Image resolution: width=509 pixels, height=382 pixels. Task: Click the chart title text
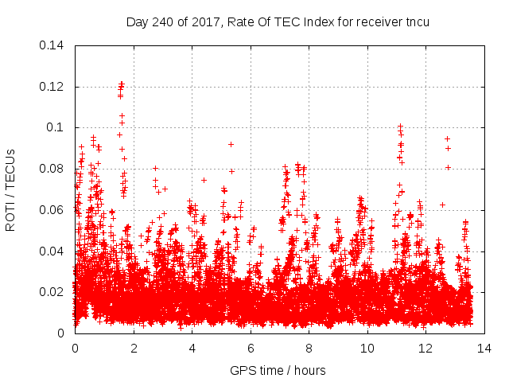278,21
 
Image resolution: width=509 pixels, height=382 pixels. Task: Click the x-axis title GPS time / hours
278,370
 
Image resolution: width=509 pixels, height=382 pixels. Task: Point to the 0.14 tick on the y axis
54,45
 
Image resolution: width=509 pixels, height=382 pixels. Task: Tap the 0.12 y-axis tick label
54,87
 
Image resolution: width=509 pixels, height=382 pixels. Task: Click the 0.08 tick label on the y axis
54,169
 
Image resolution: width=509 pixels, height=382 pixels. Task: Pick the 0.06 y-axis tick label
54,210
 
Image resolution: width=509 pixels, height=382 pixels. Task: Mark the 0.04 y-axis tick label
54,251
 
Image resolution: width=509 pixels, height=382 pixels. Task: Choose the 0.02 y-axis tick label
54,292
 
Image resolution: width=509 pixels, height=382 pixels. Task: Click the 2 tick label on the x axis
134,349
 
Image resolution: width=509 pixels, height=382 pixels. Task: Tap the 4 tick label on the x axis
192,349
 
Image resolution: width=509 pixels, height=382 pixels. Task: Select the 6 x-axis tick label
251,349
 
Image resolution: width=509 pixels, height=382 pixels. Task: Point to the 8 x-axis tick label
309,349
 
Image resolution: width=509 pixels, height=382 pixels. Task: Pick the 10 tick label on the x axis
367,349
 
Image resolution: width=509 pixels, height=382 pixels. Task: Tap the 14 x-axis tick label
484,349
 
